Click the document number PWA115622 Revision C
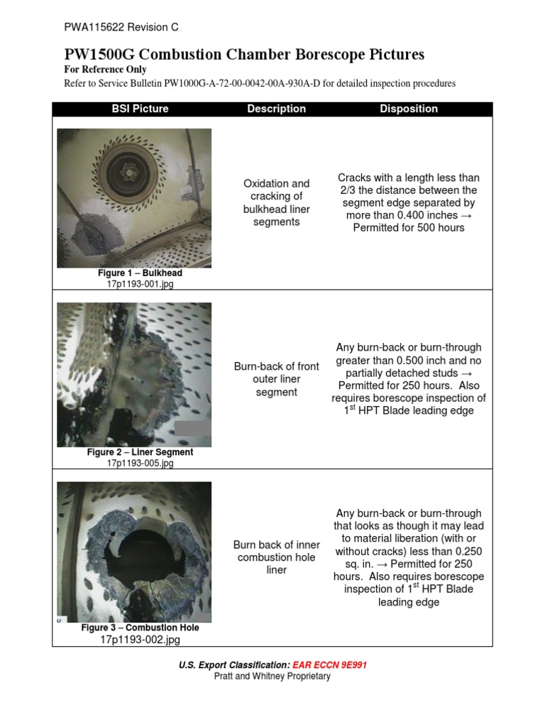pyautogui.click(x=121, y=28)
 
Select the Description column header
pyautogui.click(x=276, y=109)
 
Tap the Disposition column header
pyautogui.click(x=408, y=109)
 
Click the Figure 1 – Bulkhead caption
pyautogui.click(x=140, y=273)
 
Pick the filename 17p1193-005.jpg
pyautogui.click(x=140, y=463)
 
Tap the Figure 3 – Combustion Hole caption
pyautogui.click(x=140, y=628)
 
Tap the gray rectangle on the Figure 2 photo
pyautogui.click(x=192, y=428)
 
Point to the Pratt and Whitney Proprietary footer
pyautogui.click(x=272, y=677)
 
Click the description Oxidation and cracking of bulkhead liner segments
pyautogui.click(x=276, y=202)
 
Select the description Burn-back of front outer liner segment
pyautogui.click(x=276, y=379)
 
